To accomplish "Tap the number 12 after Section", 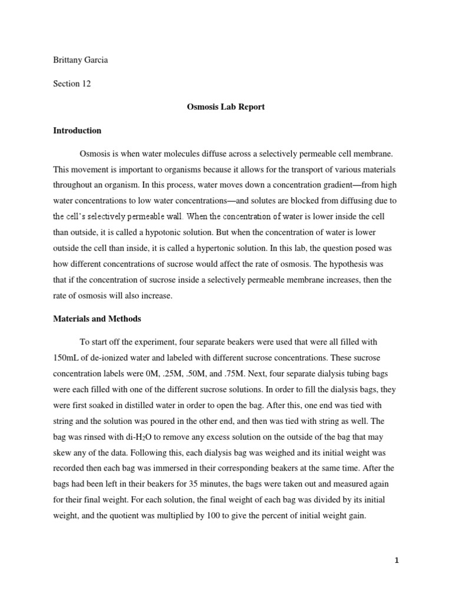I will click(86, 84).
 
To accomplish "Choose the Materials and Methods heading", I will click(94, 319).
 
